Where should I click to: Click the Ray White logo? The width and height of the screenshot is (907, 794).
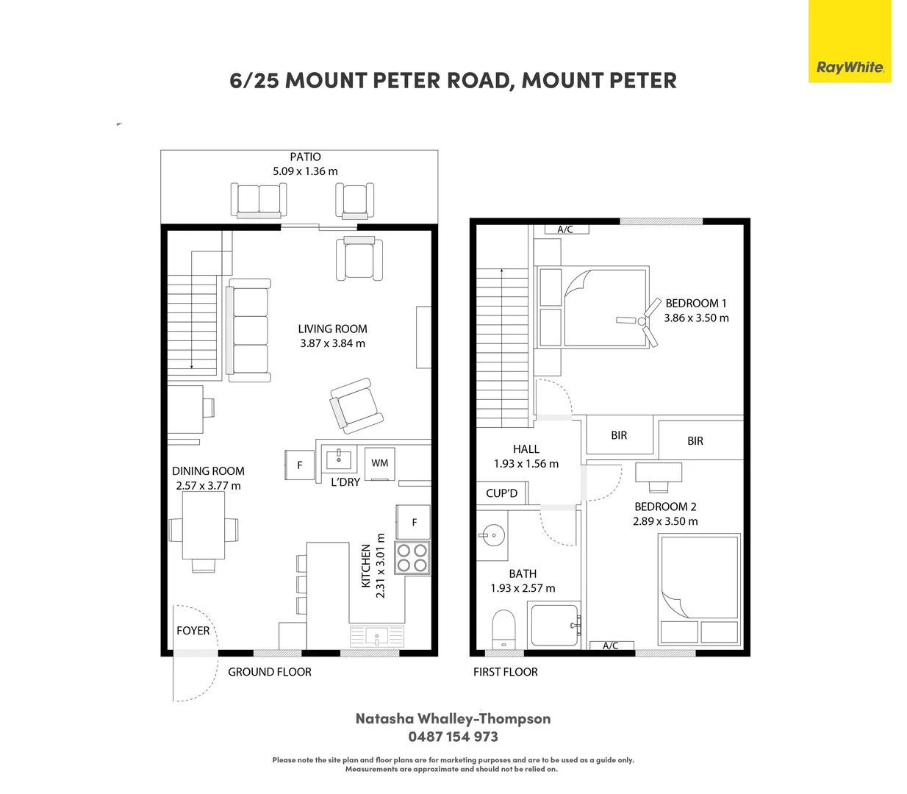[850, 41]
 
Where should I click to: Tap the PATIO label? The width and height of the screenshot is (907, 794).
[305, 157]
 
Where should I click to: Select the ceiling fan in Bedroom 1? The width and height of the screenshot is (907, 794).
[639, 321]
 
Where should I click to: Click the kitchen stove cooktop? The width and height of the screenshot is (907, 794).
[412, 558]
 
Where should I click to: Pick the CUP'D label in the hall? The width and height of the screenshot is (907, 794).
[501, 493]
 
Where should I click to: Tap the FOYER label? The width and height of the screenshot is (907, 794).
[193, 630]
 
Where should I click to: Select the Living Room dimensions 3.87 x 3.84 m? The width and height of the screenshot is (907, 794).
[332, 343]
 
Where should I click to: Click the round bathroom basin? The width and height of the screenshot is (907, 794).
[493, 535]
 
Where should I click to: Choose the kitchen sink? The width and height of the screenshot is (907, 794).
[377, 637]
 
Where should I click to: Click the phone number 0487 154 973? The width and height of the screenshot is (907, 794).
[453, 737]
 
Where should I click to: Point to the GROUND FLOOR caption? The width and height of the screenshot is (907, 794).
[270, 672]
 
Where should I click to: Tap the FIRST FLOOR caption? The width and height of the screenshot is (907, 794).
[506, 672]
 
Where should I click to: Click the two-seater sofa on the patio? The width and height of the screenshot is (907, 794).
[259, 201]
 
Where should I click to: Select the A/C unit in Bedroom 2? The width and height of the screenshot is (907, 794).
[612, 646]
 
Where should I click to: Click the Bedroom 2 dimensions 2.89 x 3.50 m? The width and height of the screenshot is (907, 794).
[665, 521]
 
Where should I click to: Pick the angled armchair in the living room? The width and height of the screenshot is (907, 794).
[356, 406]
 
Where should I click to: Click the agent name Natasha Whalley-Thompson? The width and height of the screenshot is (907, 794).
[453, 718]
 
